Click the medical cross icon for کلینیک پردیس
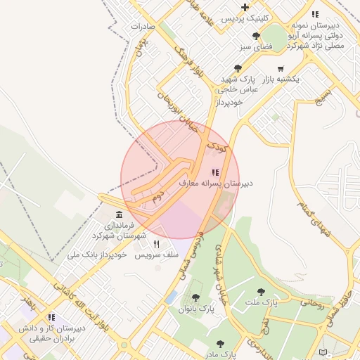pyautogui.click(x=245, y=7)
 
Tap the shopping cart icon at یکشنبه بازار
pyautogui.click(x=281, y=69)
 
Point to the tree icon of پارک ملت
pyautogui.click(x=261, y=291)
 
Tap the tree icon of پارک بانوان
pyautogui.click(x=195, y=297)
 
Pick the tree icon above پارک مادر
pyautogui.click(x=221, y=344)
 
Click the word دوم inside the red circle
pyautogui.click(x=158, y=193)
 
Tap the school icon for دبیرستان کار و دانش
pyautogui.click(x=51, y=317)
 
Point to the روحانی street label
pyautogui.click(x=312, y=302)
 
